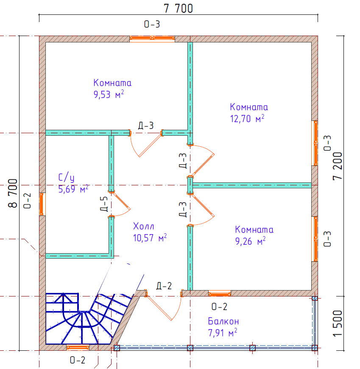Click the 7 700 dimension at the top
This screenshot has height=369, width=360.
(x=178, y=8)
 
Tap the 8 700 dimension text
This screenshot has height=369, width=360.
(x=13, y=193)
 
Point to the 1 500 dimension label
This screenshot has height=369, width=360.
(x=338, y=323)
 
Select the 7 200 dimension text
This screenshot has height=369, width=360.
(x=338, y=166)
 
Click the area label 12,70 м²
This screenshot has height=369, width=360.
(x=247, y=119)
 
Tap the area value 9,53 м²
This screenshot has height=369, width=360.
(x=109, y=94)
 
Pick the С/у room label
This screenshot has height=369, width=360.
(x=66, y=177)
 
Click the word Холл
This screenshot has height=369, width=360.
(x=143, y=226)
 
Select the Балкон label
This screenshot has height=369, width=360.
(x=223, y=321)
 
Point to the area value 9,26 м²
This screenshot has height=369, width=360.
(x=250, y=241)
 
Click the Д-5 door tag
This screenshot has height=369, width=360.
(x=104, y=204)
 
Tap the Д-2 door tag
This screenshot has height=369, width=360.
(x=164, y=286)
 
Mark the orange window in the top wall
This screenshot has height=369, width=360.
(x=152, y=38)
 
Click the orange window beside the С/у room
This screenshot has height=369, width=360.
(x=42, y=204)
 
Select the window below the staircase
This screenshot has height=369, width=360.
(x=78, y=347)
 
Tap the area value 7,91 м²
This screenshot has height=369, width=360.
(x=223, y=333)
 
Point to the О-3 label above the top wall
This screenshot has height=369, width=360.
(x=152, y=24)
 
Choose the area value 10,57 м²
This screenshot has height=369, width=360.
(x=150, y=238)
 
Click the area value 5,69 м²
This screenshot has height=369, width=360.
(x=73, y=189)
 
